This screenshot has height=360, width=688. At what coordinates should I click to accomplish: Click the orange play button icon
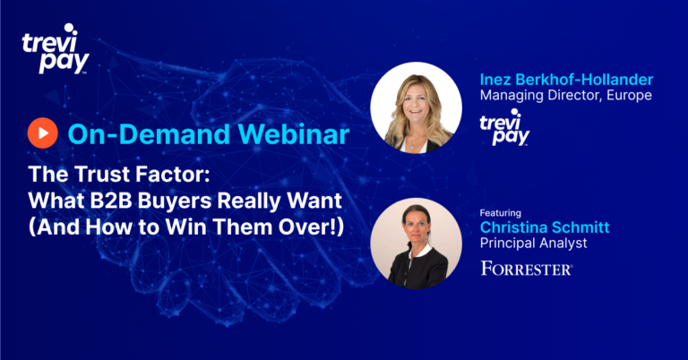tap(43, 133)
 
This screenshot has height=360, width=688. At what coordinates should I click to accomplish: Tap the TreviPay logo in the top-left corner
tap(56, 48)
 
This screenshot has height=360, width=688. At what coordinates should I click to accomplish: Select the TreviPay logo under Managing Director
tap(504, 127)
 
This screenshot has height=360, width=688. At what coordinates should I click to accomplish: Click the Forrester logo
tap(527, 269)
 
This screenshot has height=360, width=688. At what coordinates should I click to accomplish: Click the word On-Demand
tap(149, 133)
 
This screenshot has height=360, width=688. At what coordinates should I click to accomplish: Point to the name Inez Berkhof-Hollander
tap(566, 80)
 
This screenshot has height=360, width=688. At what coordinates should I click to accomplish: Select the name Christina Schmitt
tap(545, 227)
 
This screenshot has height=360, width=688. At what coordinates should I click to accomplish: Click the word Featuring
tap(500, 213)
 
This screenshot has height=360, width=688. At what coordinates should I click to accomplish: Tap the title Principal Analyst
tap(534, 243)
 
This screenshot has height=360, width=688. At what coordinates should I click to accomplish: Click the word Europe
tap(629, 95)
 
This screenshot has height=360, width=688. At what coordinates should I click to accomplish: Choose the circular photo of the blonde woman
tap(416, 107)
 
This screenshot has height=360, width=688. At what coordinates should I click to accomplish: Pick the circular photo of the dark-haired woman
tap(416, 244)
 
